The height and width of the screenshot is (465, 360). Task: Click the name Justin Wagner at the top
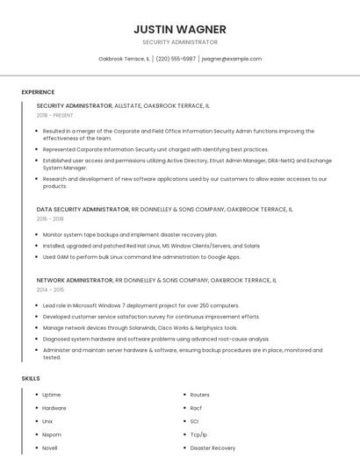180,29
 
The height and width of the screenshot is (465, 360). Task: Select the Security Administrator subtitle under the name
180,42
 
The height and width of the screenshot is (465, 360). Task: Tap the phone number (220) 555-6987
176,59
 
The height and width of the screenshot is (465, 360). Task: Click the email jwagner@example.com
232,59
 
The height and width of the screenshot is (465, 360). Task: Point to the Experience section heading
38,92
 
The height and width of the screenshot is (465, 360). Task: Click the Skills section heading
31,378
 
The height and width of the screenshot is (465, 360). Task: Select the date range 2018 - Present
56,115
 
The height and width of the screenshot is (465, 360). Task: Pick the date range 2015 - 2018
50,219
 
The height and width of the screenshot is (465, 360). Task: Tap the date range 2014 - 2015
50,290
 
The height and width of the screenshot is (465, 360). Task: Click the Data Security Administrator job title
83,210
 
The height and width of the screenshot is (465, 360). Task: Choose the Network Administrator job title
75,280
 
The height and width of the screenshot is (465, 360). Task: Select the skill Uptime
52,395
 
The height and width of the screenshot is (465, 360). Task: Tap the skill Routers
199,395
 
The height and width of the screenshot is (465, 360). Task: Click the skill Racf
197,408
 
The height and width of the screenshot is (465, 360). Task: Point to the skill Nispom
52,434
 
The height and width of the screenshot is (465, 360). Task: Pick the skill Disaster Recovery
212,447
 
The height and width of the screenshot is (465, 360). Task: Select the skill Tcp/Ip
198,434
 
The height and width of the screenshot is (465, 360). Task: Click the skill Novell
50,447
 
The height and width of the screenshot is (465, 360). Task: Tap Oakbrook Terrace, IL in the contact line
124,59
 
